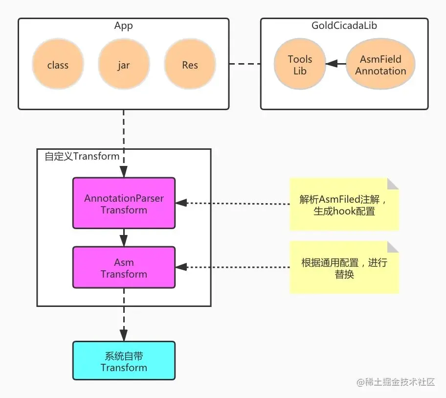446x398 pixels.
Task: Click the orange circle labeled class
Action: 58,65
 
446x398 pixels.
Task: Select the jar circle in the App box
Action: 124,65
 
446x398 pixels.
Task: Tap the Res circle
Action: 190,65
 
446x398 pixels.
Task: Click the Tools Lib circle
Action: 300,65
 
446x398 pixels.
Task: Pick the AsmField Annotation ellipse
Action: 380,65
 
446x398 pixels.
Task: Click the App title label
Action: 123,25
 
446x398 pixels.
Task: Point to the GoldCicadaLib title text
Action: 344,25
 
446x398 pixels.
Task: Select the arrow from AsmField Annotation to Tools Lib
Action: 335,64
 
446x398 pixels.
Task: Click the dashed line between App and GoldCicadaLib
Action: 245,64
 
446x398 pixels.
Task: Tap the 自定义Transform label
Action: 82,156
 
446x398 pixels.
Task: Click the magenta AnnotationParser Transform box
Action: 124,203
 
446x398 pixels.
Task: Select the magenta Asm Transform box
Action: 124,267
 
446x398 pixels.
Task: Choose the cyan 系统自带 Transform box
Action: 124,361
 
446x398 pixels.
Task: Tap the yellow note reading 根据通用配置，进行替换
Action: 344,267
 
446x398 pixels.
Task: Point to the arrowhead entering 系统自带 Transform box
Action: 124,336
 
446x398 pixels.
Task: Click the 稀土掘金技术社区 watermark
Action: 396,382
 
